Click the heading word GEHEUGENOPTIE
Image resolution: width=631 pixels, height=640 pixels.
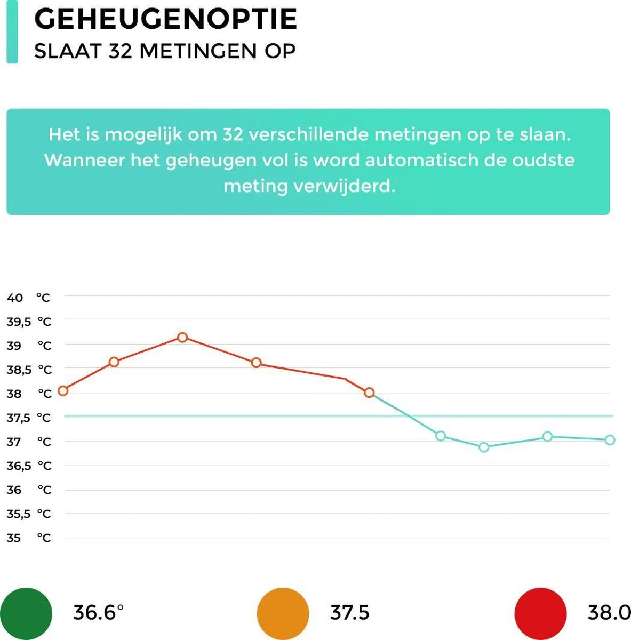(x=165, y=19)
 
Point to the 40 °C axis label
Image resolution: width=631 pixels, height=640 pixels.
(x=28, y=298)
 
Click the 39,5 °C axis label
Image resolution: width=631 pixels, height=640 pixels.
(x=28, y=322)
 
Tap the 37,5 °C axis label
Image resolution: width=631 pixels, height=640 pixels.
(x=28, y=418)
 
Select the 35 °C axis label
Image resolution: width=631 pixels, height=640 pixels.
(x=28, y=538)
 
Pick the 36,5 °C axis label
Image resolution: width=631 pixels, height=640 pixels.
(x=28, y=466)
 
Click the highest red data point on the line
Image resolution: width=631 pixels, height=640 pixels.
(x=182, y=337)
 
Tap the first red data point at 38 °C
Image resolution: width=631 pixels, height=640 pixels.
(x=63, y=391)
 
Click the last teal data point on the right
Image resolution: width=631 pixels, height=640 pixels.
(x=610, y=440)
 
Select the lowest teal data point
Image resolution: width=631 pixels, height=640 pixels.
(x=484, y=447)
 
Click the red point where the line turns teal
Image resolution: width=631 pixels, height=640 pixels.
(x=369, y=393)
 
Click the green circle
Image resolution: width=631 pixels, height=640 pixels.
(x=26, y=613)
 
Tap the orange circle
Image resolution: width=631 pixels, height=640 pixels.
(x=283, y=613)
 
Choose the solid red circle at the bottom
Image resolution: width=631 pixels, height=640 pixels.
(x=540, y=613)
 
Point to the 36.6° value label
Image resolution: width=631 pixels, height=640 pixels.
(x=98, y=613)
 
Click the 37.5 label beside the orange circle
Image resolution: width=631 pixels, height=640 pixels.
(x=350, y=613)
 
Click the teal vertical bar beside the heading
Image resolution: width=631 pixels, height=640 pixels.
(x=12, y=32)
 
